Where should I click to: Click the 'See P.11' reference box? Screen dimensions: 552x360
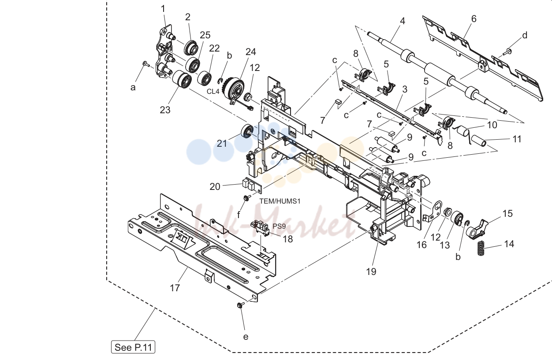(133, 347)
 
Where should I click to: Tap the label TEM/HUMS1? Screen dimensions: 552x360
(280, 201)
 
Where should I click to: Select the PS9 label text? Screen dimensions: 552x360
(279, 226)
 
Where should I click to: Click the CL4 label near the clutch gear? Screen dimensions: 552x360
(213, 91)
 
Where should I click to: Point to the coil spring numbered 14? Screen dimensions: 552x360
(481, 248)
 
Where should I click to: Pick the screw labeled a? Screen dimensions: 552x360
(146, 64)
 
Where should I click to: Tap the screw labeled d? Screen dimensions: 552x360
(507, 52)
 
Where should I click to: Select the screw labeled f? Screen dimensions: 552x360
(246, 197)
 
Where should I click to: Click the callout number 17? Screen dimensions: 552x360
(175, 288)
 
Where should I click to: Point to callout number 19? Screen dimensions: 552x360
(371, 271)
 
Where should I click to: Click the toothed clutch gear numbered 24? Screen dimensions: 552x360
(233, 90)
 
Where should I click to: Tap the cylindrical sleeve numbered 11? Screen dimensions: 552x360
(478, 140)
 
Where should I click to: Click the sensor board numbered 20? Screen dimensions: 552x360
(252, 185)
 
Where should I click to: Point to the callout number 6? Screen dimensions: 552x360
(474, 19)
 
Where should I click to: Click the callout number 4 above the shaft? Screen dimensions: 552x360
(402, 21)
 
